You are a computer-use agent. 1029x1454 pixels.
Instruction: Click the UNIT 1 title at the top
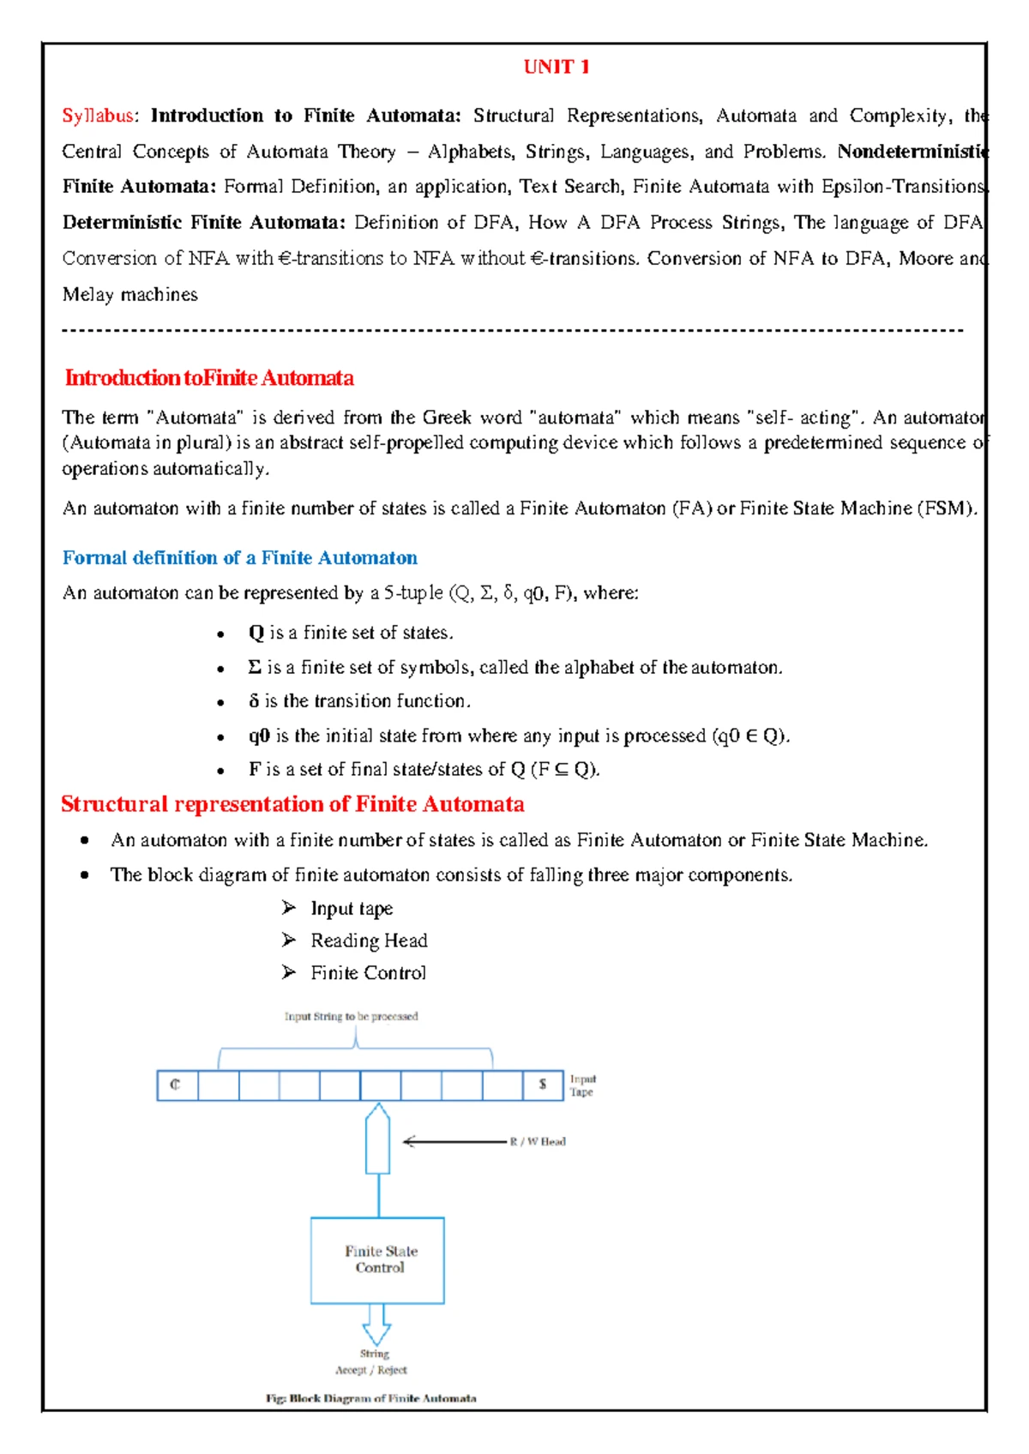pyautogui.click(x=556, y=67)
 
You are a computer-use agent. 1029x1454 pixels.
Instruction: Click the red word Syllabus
pyautogui.click(x=98, y=116)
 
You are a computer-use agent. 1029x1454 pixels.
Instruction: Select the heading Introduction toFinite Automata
pyautogui.click(x=208, y=378)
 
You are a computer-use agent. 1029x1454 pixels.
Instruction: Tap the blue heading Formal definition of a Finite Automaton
pyautogui.click(x=239, y=558)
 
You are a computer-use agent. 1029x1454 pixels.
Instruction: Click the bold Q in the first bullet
pyautogui.click(x=256, y=633)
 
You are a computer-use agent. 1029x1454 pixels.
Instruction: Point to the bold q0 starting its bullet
pyautogui.click(x=259, y=736)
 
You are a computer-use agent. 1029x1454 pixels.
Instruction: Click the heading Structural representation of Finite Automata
pyautogui.click(x=292, y=804)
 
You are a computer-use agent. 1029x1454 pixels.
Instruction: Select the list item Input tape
pyautogui.click(x=351, y=909)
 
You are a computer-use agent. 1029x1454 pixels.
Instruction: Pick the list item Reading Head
pyautogui.click(x=368, y=941)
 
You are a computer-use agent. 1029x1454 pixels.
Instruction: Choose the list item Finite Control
pyautogui.click(x=367, y=973)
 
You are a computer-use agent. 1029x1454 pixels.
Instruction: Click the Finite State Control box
pyautogui.click(x=377, y=1260)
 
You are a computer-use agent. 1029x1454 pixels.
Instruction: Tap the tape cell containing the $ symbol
pyautogui.click(x=543, y=1085)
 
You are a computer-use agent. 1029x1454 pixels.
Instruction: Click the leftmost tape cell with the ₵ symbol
pyautogui.click(x=177, y=1085)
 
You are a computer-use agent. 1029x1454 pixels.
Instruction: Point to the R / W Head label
pyautogui.click(x=538, y=1142)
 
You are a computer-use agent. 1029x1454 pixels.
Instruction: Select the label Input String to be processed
pyautogui.click(x=351, y=1017)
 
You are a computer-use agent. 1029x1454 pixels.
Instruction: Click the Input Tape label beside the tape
pyautogui.click(x=582, y=1085)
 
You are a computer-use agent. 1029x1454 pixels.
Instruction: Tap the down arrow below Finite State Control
pyautogui.click(x=376, y=1325)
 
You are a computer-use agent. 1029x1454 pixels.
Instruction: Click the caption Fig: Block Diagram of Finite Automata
pyautogui.click(x=370, y=1398)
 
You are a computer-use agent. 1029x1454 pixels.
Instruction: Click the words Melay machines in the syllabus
pyautogui.click(x=129, y=295)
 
